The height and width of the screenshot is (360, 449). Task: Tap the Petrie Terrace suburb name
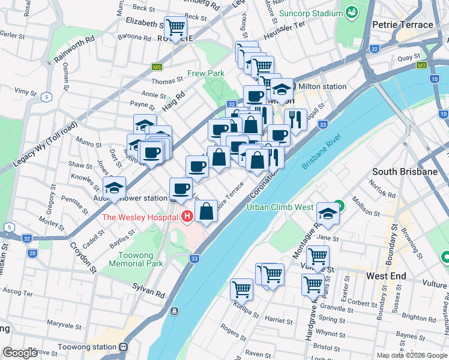pos(402,25)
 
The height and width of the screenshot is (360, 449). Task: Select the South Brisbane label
pos(405,172)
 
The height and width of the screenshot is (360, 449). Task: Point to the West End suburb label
pos(386,276)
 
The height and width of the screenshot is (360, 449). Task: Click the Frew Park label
pos(205,73)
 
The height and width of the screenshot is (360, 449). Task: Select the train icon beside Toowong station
pos(123,347)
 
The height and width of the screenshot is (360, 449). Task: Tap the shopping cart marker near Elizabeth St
pos(175,27)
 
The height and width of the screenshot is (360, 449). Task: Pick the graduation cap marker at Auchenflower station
pos(115,188)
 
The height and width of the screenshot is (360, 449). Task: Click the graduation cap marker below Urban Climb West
pos(328,214)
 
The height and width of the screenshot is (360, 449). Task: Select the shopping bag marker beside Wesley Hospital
pos(206,211)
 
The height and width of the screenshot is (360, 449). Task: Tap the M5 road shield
pos(157,67)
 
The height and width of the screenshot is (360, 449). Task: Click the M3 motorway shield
pos(422,65)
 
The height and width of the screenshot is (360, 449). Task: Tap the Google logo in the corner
pos(20,352)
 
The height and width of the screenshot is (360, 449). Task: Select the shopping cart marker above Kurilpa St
pos(242,289)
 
